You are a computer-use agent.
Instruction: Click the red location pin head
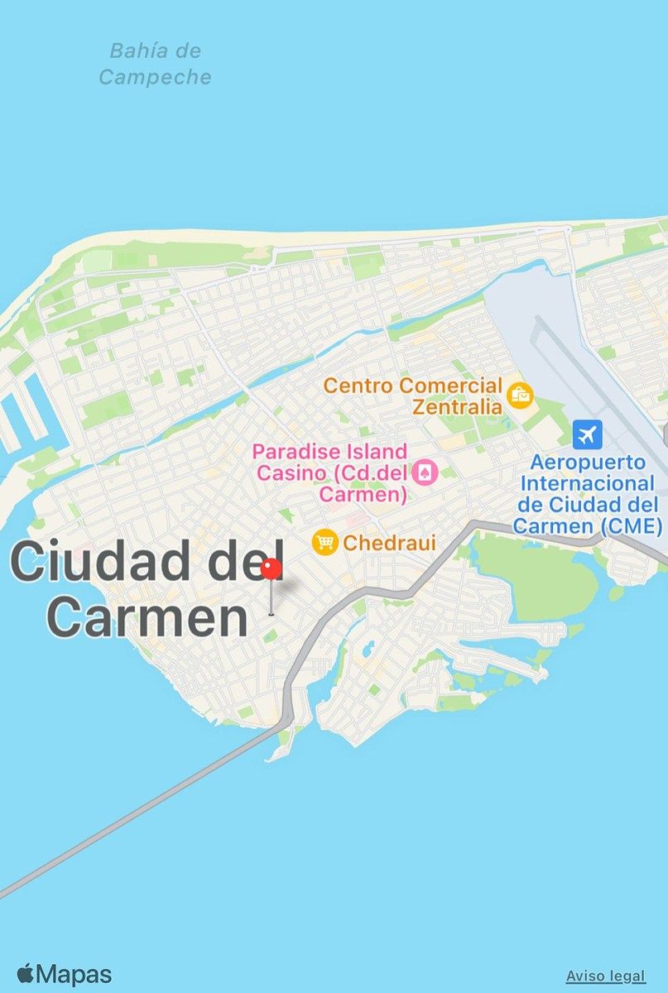(x=272, y=569)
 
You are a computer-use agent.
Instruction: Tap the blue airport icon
(x=588, y=434)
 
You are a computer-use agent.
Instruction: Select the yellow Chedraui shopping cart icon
(x=324, y=543)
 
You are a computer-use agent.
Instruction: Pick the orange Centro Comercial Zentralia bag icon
(x=520, y=396)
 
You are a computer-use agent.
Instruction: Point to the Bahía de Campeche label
(x=155, y=64)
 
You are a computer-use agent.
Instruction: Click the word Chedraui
(x=389, y=543)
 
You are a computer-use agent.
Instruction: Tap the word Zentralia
(x=457, y=406)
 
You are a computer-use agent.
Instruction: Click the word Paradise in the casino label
(x=294, y=452)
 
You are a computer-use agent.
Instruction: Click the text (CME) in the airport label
(x=634, y=525)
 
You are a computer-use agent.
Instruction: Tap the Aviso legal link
(x=604, y=976)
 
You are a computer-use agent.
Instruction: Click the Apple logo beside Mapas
(x=25, y=974)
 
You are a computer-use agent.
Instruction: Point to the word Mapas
(x=74, y=975)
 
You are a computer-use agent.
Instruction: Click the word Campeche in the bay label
(x=155, y=77)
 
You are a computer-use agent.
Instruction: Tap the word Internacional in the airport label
(x=588, y=482)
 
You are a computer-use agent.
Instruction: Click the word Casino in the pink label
(x=285, y=473)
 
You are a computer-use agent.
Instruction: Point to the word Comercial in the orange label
(x=450, y=385)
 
